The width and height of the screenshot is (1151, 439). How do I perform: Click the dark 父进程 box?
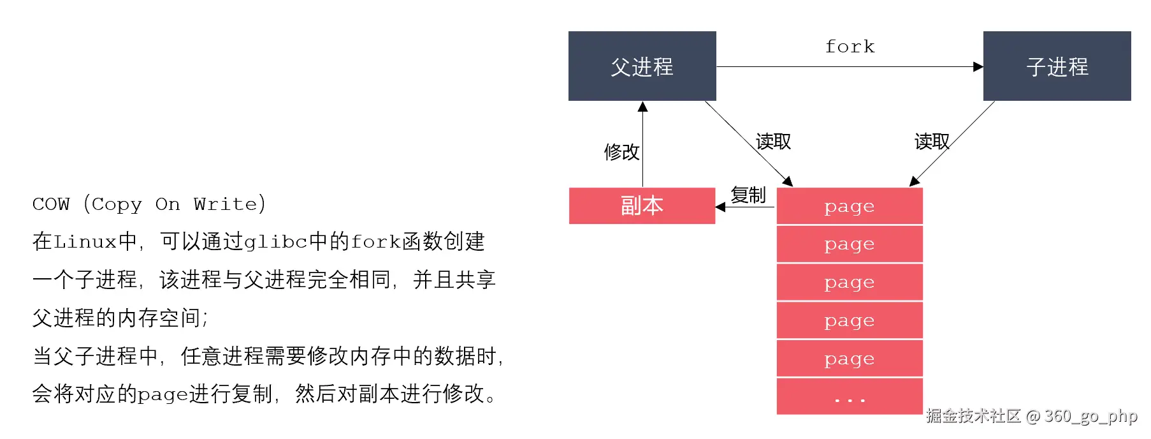point(642,66)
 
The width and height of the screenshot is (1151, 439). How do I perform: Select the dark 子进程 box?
point(1057,66)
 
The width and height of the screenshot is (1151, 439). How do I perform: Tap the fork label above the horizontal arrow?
point(850,47)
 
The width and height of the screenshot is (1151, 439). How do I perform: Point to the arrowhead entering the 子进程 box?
point(978,66)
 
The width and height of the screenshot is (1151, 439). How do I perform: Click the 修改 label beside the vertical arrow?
point(621,152)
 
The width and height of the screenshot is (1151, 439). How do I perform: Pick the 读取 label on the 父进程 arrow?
point(773,142)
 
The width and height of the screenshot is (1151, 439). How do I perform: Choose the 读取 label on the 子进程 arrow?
point(932,142)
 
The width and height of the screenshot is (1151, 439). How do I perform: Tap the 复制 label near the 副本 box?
point(748,195)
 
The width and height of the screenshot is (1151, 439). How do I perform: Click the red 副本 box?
point(642,205)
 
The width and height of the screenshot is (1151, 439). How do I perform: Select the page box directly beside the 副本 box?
point(849,206)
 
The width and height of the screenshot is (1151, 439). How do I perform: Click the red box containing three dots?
point(849,396)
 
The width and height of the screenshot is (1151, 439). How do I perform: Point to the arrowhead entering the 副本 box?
point(721,207)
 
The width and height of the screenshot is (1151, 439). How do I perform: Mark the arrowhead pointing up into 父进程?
point(642,107)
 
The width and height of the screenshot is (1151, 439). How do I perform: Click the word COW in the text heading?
point(51,204)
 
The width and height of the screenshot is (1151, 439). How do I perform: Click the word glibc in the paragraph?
point(276,242)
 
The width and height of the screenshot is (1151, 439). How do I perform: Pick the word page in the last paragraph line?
point(163,395)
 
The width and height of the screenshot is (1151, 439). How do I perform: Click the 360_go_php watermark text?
point(1090,416)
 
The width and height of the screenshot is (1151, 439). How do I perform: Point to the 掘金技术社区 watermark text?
point(973,416)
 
